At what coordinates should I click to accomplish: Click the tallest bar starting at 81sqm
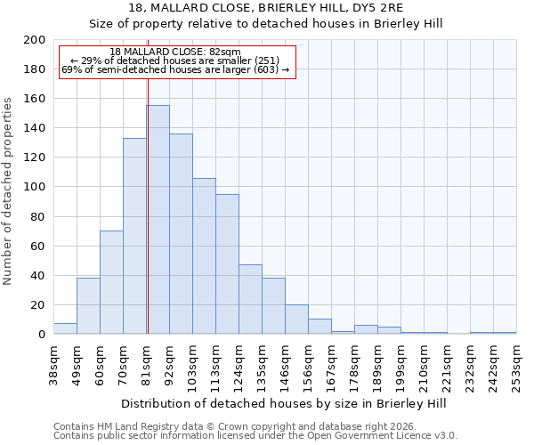click(158, 220)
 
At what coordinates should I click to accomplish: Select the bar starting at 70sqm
click(134, 236)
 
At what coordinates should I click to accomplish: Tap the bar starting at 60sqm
click(111, 282)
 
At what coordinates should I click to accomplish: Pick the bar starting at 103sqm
click(204, 256)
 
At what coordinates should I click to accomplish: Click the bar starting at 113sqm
click(227, 264)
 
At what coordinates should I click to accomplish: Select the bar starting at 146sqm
click(296, 320)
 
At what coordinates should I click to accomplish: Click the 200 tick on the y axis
click(35, 40)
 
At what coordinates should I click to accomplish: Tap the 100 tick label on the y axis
click(35, 187)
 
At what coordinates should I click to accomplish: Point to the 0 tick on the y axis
click(41, 335)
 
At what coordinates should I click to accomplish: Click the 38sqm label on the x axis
click(53, 364)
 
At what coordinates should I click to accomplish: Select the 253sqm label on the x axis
click(516, 364)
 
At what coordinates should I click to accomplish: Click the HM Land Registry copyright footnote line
click(222, 426)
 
